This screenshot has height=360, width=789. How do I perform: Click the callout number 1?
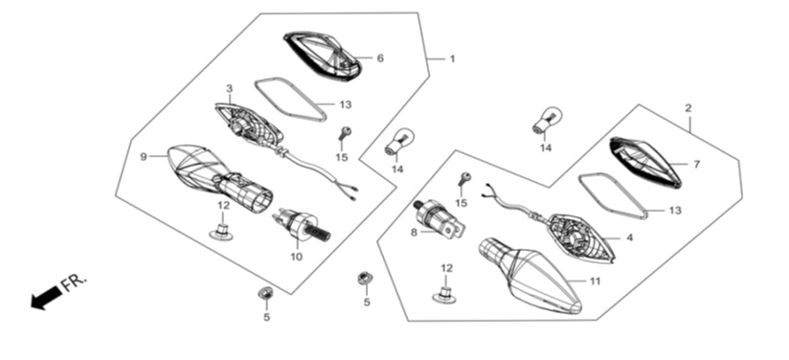point(452,59)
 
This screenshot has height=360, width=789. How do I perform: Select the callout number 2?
point(688,108)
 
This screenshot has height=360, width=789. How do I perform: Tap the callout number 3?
point(230,89)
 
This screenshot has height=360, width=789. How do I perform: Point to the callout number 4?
point(629,237)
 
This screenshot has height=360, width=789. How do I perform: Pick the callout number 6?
point(380,58)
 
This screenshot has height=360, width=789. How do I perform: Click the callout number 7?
point(696,165)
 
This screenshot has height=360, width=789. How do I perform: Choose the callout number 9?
point(144,157)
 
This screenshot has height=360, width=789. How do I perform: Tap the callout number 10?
point(297,257)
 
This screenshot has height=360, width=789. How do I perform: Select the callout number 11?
point(596,281)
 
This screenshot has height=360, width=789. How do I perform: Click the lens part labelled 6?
point(322,56)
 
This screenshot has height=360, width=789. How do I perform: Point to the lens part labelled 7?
point(645,161)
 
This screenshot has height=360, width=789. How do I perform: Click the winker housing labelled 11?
point(530,275)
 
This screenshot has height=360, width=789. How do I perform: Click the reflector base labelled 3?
point(249,124)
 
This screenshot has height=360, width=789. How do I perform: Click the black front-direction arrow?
point(47,297)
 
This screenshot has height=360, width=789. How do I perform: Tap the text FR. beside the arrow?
point(75,283)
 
